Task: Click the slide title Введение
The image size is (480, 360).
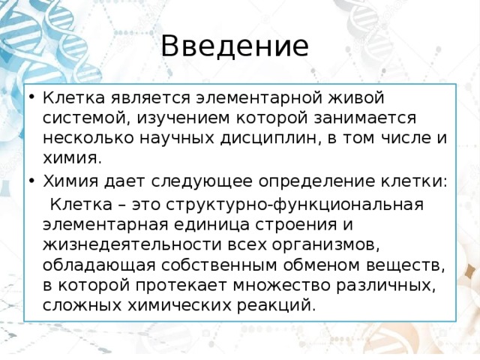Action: pyautogui.click(x=234, y=46)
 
